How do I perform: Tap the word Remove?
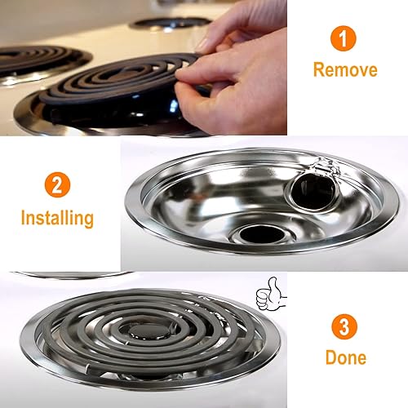click(x=345, y=70)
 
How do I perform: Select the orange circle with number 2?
click(x=55, y=184)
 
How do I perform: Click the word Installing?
click(x=57, y=218)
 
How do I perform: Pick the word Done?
click(x=345, y=357)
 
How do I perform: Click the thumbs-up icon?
click(x=268, y=291)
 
